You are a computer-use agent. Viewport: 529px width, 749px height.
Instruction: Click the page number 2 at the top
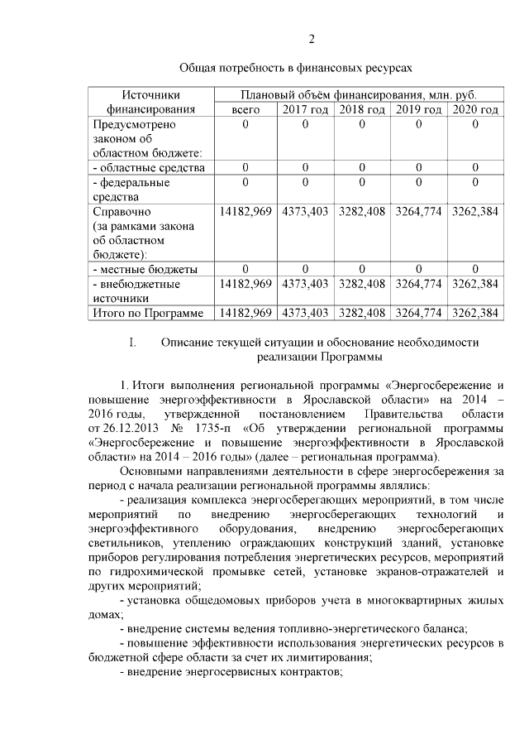pos(312,39)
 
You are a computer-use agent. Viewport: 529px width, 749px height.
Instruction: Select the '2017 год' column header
pos(305,109)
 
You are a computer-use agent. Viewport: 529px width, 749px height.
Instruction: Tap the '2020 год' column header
pos(474,109)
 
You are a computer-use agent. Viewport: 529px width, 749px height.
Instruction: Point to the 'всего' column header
pos(245,109)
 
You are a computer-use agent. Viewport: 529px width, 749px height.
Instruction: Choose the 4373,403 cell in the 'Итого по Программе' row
pos(305,313)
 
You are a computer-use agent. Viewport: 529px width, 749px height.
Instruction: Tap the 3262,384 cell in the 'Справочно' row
pos(474,212)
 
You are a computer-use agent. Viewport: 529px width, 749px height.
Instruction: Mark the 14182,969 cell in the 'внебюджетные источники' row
pos(245,284)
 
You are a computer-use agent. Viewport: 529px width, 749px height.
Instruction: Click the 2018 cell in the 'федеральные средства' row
pos(361,183)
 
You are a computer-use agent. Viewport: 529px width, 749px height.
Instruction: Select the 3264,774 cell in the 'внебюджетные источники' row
pos(418,284)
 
